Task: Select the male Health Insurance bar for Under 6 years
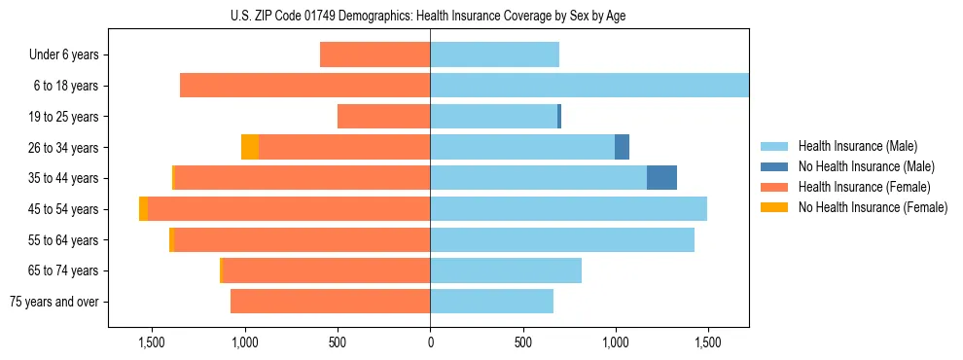tap(494, 54)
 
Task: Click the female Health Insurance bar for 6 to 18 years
tap(304, 86)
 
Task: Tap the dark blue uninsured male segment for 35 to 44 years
tap(661, 178)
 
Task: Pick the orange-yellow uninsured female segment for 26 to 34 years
tap(250, 147)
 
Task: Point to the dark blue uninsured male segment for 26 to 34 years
tap(622, 147)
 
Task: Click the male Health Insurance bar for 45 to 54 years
tap(568, 209)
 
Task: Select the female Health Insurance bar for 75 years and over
tap(330, 302)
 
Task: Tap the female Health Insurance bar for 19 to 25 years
tap(383, 117)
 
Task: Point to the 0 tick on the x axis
tap(430, 342)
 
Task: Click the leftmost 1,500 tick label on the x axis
tap(152, 342)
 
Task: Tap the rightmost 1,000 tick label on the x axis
tap(615, 342)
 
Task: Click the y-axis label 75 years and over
tap(53, 302)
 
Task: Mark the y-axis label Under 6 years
tap(63, 55)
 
